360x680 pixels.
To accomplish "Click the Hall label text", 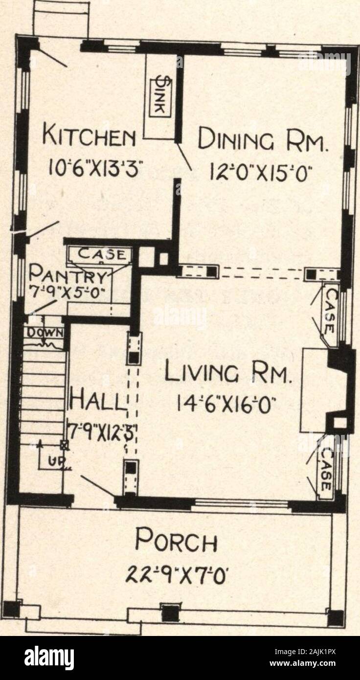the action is (98, 402).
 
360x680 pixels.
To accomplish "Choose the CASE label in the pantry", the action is (100, 254).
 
